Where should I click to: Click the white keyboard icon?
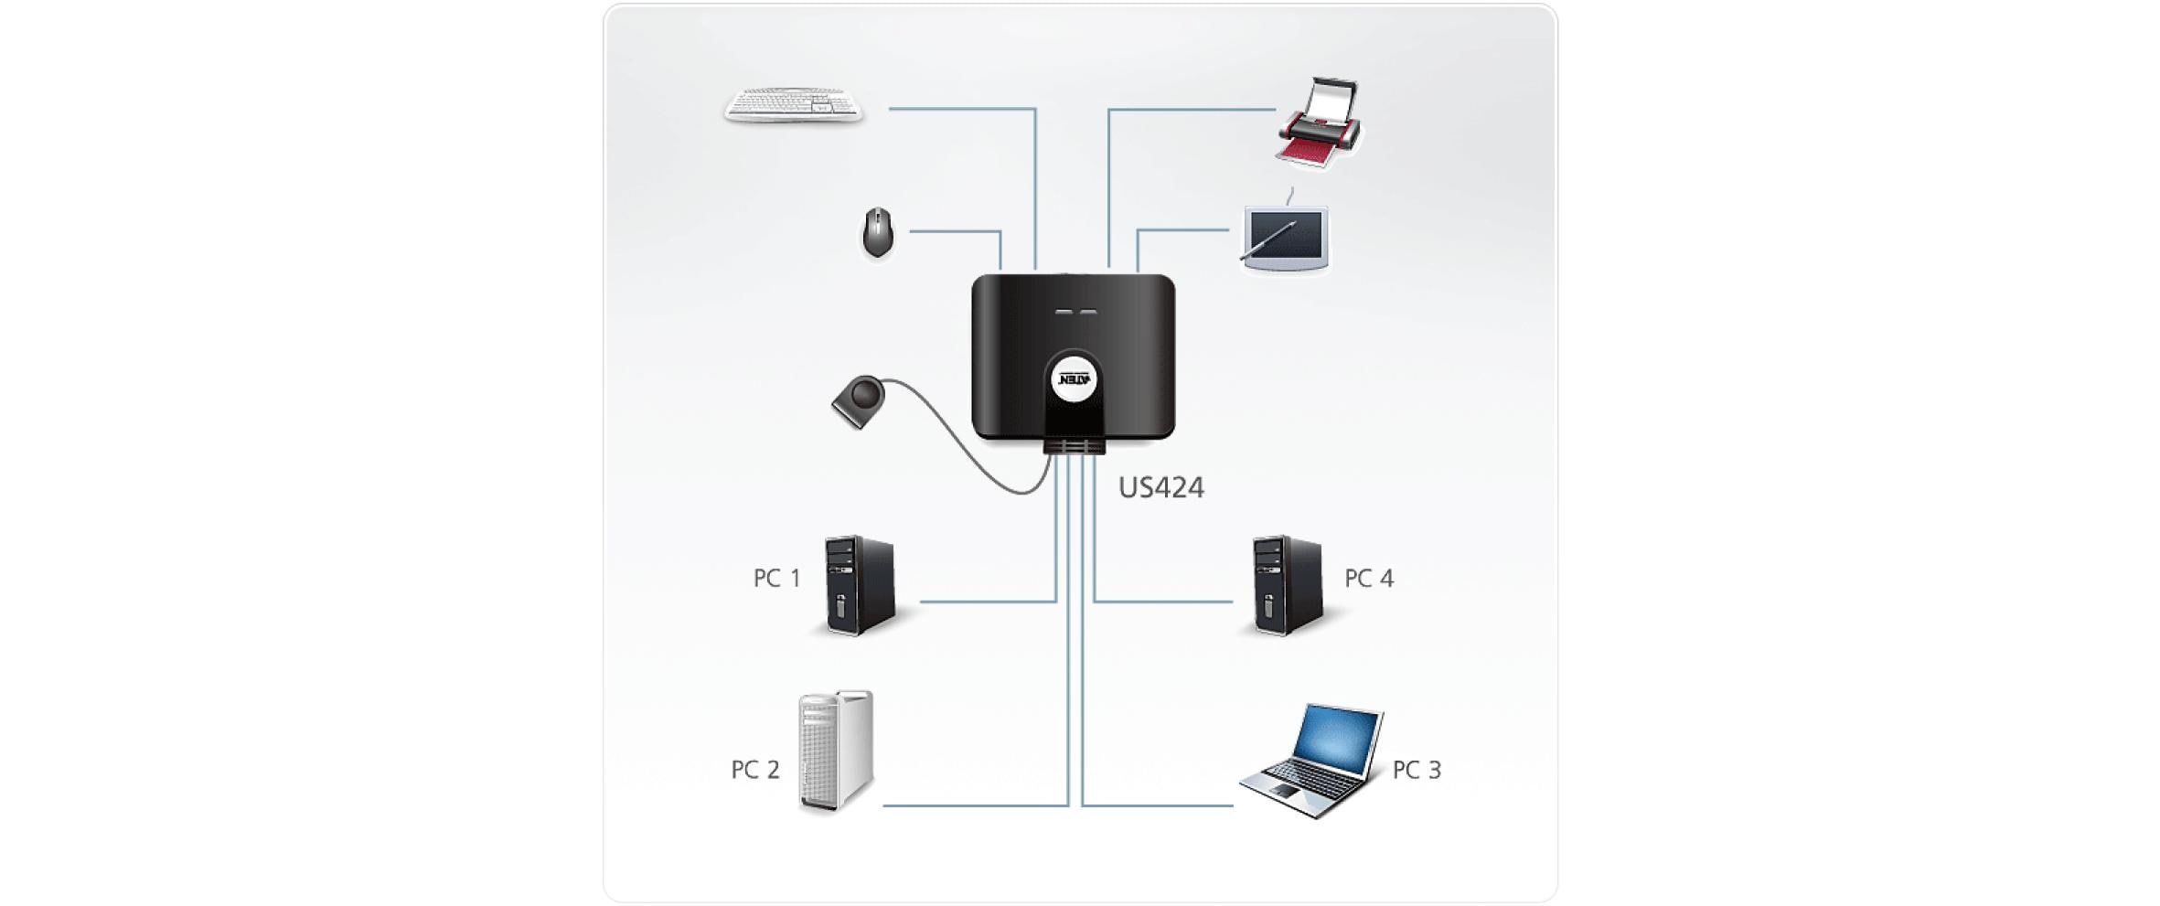pos(793,105)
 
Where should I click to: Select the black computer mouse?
pos(878,232)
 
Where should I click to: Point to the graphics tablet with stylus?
pos(1286,240)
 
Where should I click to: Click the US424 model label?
pos(1160,487)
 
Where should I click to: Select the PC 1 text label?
pos(776,579)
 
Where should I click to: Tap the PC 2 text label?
pos(754,770)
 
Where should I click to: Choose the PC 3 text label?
pos(1416,770)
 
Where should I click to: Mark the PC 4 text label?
pos(1368,579)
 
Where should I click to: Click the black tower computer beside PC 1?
pos(859,585)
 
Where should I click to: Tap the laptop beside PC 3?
pos(1312,762)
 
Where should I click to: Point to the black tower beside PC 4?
pos(1287,585)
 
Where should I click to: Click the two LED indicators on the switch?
pos(1075,312)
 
